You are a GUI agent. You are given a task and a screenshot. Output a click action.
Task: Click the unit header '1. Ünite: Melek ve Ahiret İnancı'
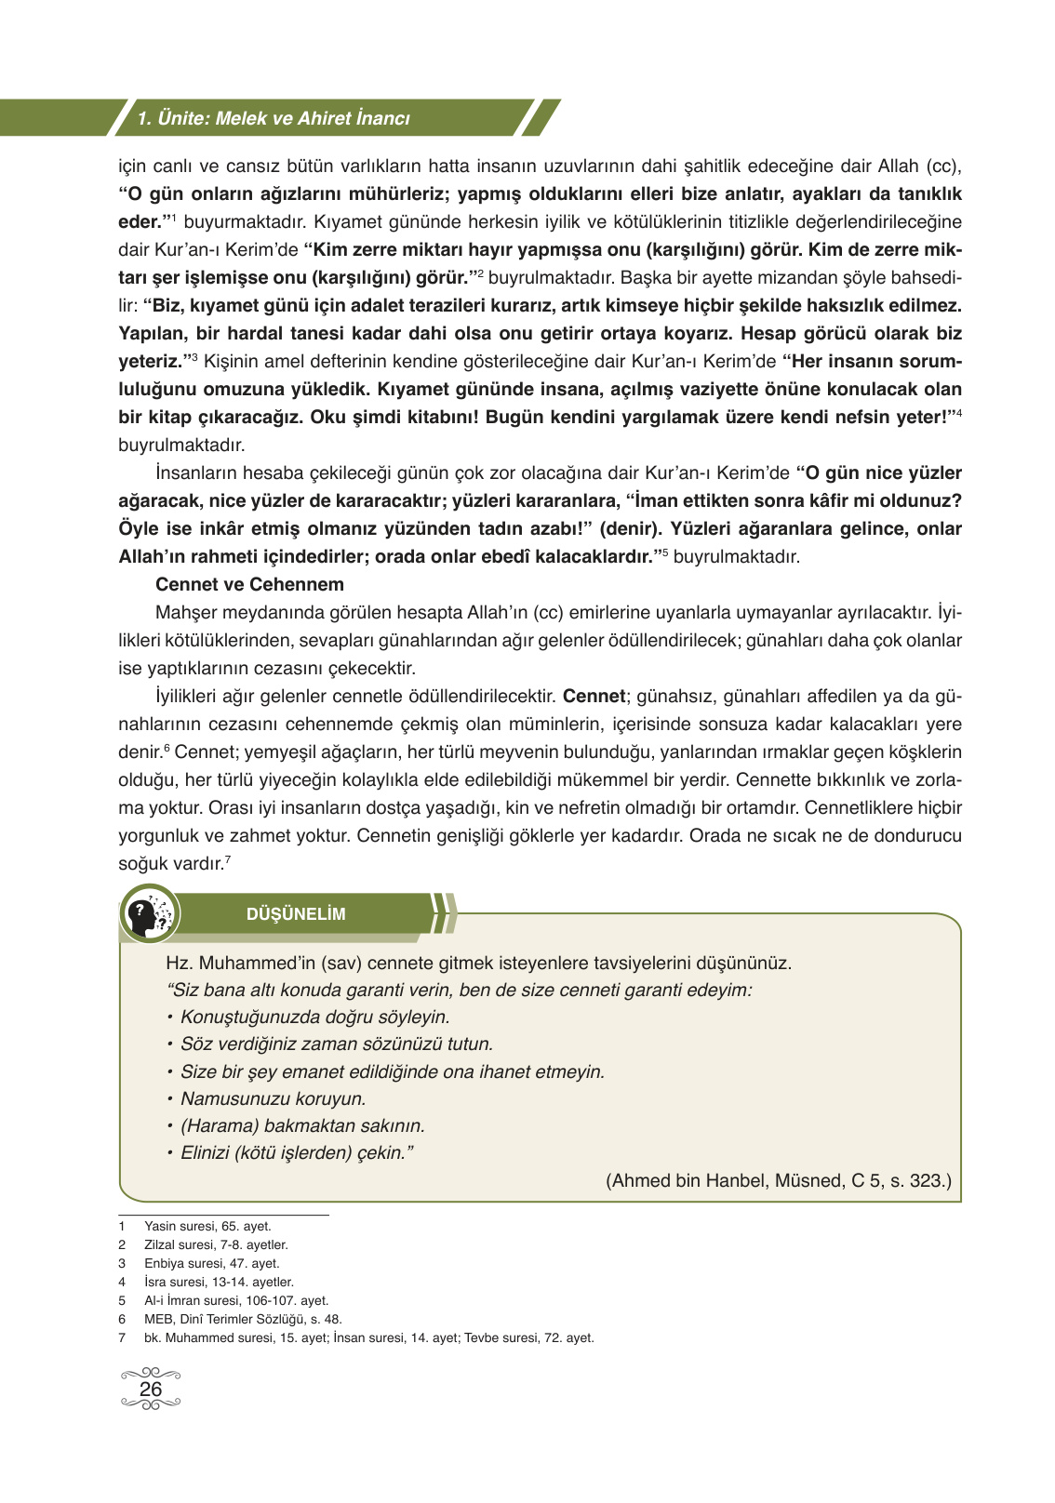(274, 118)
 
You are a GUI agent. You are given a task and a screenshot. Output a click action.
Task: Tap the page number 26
(151, 1389)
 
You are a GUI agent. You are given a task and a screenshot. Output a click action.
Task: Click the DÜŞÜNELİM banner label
(296, 914)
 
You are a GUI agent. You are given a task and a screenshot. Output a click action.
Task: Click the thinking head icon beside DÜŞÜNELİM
(149, 913)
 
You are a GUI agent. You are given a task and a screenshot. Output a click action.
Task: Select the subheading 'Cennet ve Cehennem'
(249, 585)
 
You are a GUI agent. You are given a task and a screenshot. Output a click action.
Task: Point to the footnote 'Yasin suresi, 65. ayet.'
(207, 1226)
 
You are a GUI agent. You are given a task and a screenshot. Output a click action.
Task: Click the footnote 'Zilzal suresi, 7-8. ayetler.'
(216, 1244)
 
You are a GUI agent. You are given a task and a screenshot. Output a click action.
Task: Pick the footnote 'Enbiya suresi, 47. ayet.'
(211, 1263)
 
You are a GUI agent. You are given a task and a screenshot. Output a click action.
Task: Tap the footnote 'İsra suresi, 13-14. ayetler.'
(219, 1282)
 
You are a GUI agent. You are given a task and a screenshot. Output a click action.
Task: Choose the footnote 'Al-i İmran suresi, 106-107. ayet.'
(236, 1300)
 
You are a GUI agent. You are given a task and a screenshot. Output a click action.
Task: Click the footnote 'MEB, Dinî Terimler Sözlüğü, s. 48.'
(243, 1319)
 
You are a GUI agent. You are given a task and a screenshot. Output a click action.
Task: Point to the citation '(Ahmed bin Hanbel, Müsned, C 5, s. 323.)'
(779, 1180)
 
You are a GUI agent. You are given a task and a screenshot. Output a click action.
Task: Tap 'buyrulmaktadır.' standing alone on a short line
(181, 446)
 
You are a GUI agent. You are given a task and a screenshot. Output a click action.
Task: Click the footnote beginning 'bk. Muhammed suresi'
(368, 1337)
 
